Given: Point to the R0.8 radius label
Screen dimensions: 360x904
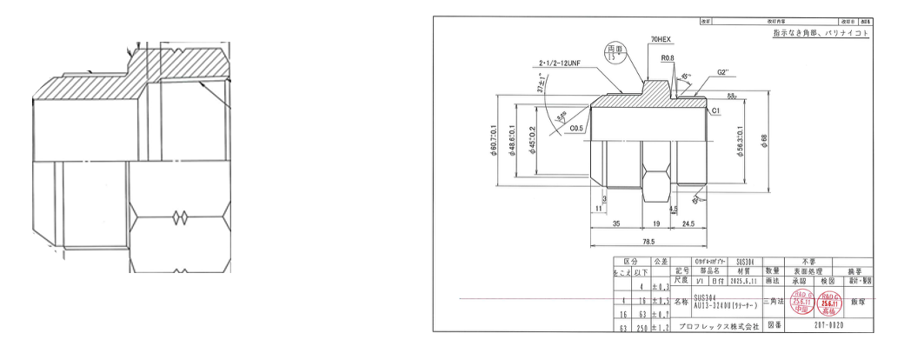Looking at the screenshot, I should [x=668, y=58].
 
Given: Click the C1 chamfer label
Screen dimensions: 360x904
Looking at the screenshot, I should [x=716, y=112].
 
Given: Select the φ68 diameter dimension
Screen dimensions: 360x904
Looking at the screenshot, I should [x=763, y=140].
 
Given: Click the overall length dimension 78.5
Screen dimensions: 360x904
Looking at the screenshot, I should [x=648, y=241].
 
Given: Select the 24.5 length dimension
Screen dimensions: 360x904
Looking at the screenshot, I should [x=688, y=223].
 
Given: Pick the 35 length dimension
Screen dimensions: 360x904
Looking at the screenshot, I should [x=615, y=223].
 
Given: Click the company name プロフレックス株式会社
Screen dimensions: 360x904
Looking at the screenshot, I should [x=717, y=330].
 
